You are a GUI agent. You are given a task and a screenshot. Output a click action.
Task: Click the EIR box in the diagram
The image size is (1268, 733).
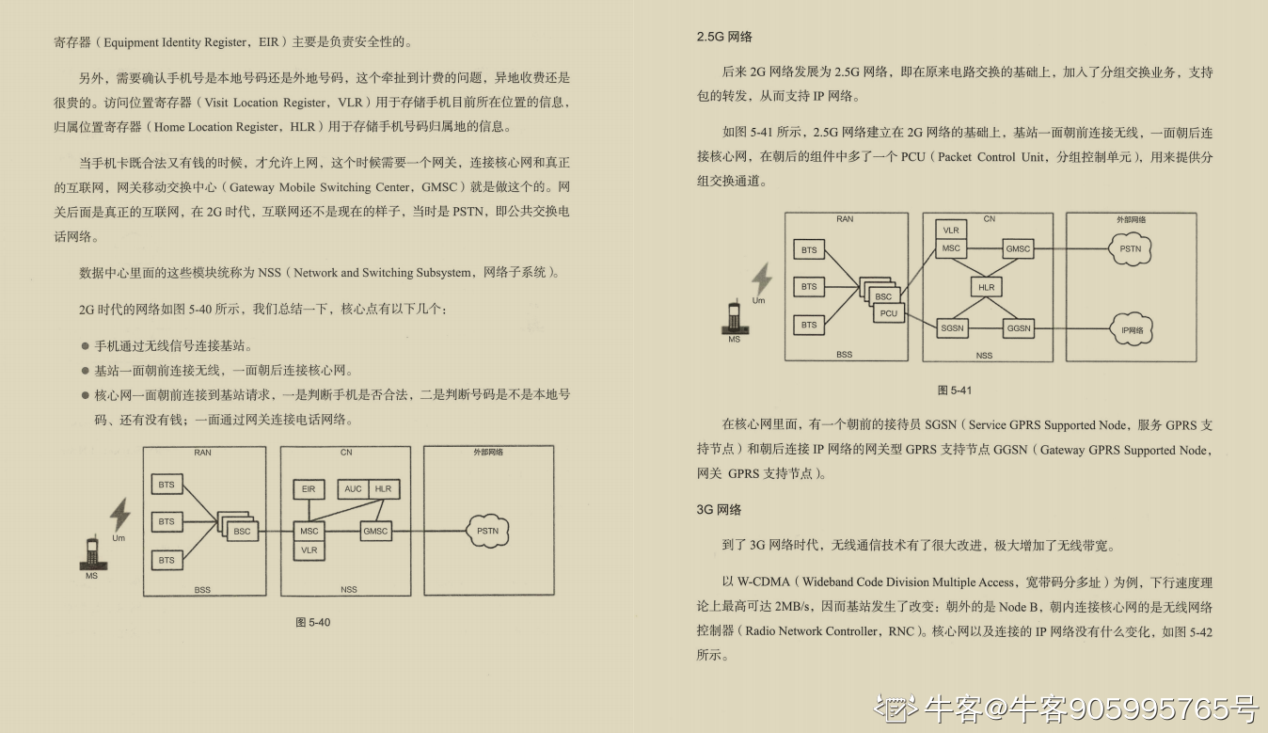pos(309,489)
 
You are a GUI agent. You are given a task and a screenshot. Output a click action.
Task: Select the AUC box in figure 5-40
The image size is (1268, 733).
pos(353,489)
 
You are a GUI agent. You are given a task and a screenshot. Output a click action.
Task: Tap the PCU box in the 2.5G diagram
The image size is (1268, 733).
pos(889,314)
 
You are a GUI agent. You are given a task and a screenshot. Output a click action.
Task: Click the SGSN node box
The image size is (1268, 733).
pos(953,328)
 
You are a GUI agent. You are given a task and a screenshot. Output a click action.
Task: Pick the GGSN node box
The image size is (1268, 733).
pos(1019,328)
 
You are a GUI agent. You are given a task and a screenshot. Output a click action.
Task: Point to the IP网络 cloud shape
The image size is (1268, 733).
pos(1132,330)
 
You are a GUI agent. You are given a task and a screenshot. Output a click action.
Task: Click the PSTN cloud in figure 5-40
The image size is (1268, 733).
pos(487,532)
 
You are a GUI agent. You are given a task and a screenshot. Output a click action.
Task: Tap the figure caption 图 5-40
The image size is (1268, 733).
pos(313,622)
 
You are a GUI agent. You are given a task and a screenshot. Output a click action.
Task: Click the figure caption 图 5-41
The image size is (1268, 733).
pos(955,390)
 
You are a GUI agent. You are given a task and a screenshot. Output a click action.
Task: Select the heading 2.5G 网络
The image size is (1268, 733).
pos(724,37)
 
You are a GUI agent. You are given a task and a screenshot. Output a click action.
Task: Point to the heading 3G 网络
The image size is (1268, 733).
pos(719,509)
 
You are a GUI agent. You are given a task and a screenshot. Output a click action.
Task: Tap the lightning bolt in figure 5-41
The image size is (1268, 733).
pos(761,279)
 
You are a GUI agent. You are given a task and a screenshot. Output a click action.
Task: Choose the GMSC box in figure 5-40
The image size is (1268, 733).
pos(375,532)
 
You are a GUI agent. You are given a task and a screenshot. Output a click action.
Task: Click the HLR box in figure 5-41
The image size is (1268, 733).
pos(986,287)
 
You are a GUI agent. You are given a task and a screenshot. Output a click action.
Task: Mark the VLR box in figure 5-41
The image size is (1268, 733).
pos(951,231)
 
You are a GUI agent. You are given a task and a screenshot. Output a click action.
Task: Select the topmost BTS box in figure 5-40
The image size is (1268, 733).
pos(166,486)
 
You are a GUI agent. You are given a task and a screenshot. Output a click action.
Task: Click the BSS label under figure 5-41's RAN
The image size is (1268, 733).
pos(844,355)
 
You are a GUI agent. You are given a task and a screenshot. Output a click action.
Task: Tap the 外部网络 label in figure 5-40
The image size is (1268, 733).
pos(487,453)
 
